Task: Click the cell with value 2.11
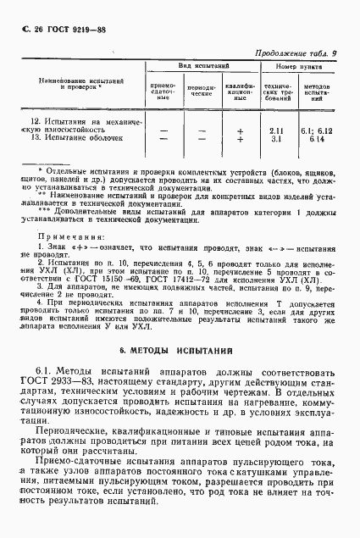(x=275, y=130)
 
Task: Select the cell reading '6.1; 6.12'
(x=319, y=130)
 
